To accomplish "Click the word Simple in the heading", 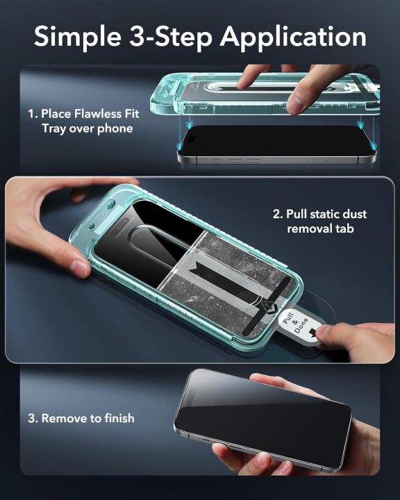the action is (78, 37).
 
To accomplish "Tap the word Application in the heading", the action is (294, 37).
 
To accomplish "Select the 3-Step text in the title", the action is (171, 37).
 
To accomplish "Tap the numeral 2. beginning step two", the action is (278, 214).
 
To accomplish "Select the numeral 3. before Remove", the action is (33, 418).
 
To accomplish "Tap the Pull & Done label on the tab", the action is (296, 323).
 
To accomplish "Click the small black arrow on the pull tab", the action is (312, 333).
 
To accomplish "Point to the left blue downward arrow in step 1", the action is (190, 123).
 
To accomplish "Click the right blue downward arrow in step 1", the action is (361, 123).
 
